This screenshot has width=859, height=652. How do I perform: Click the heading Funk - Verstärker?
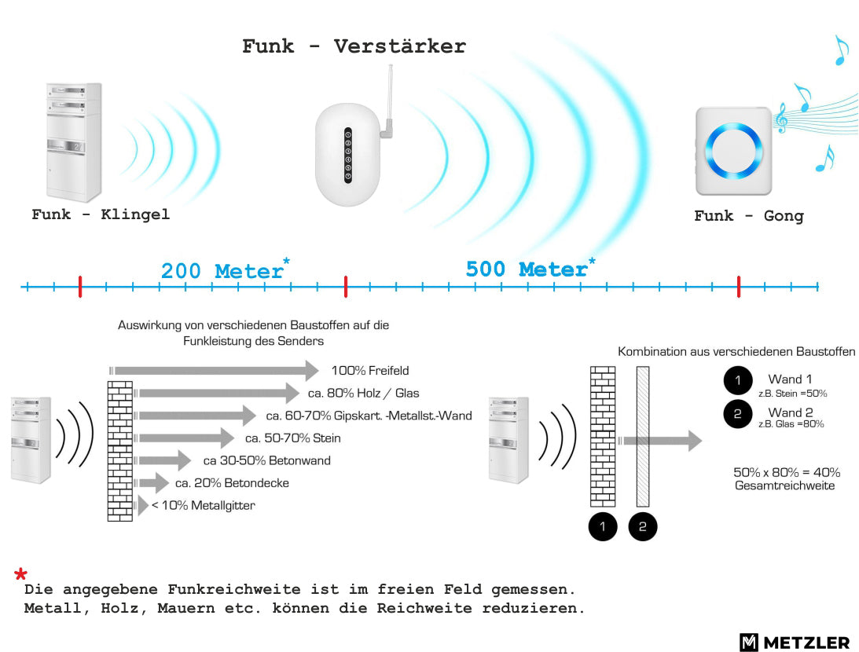(x=354, y=46)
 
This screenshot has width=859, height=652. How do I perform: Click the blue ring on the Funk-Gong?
(x=733, y=151)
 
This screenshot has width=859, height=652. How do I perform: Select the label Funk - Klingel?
(x=101, y=214)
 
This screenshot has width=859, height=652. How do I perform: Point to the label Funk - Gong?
(x=749, y=216)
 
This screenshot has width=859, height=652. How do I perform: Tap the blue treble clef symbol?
(x=781, y=119)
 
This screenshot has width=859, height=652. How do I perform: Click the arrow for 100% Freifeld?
(x=215, y=371)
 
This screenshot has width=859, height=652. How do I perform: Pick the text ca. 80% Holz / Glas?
(x=363, y=393)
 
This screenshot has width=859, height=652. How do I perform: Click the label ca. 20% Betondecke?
(x=232, y=483)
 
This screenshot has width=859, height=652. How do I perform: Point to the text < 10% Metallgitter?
(x=204, y=505)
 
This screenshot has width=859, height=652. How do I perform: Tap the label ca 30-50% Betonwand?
(x=266, y=460)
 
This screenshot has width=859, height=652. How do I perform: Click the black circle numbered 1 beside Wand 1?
(x=738, y=380)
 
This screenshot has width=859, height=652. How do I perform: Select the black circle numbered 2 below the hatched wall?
(x=643, y=526)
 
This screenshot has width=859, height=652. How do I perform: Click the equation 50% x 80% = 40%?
(x=787, y=472)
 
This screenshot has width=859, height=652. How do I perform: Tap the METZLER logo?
(x=795, y=642)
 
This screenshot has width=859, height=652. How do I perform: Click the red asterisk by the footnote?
(x=20, y=574)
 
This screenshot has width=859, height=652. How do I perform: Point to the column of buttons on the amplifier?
(x=348, y=156)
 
